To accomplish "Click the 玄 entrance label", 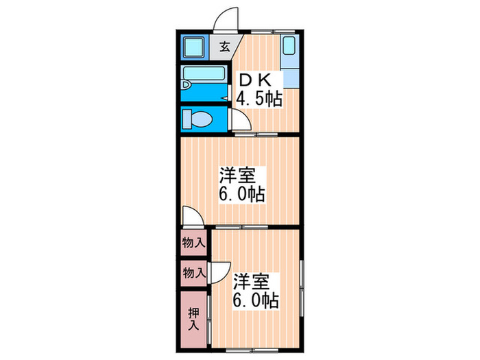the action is tap(225, 47).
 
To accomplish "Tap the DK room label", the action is tap(255, 80).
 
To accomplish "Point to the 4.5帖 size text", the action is tap(259, 99).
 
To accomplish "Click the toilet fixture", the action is tap(197, 119).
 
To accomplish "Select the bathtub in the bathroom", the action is tap(204, 74).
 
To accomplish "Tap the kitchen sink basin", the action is tap(289, 46).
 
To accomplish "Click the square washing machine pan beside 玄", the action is tap(194, 47).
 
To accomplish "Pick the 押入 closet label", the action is tap(193, 319).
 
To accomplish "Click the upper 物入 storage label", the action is tap(193, 243).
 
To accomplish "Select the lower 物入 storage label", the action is tap(194, 272).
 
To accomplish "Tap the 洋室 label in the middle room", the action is tap(237, 175).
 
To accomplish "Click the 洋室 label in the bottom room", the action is tap(252, 282).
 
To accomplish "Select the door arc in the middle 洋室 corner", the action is tap(196, 212).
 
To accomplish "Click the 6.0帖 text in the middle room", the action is tap(242, 194).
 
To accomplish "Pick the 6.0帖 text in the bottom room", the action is tap(256, 300).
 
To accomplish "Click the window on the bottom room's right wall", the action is tap(302, 288).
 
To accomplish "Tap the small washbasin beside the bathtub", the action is tap(186, 85).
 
